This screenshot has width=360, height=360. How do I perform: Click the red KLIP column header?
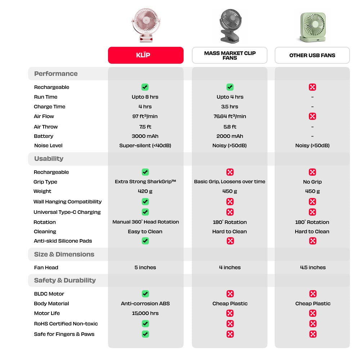pyautogui.click(x=145, y=55)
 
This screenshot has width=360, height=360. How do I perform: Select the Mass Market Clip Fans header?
pyautogui.click(x=230, y=55)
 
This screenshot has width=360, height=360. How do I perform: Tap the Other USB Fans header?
pyautogui.click(x=312, y=55)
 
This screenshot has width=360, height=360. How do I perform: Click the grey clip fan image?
pyautogui.click(x=230, y=26)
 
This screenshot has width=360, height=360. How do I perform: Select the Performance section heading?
pyautogui.click(x=56, y=73)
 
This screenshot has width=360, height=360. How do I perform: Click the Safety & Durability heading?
pyautogui.click(x=65, y=280)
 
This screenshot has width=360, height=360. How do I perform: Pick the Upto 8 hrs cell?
pyautogui.click(x=145, y=97)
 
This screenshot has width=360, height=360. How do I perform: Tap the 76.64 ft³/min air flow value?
pyautogui.click(x=230, y=116)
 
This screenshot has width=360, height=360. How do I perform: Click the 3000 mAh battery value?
pyautogui.click(x=145, y=136)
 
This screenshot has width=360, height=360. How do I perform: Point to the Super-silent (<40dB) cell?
pyautogui.click(x=145, y=145)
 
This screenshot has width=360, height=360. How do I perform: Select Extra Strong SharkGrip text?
pyautogui.click(x=145, y=181)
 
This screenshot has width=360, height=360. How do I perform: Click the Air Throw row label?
pyautogui.click(x=46, y=127)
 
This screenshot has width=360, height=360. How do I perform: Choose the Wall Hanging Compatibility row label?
pyautogui.click(x=67, y=202)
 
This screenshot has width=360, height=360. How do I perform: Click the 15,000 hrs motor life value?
pyautogui.click(x=145, y=313)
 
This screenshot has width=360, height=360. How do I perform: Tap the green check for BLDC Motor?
pyautogui.click(x=145, y=294)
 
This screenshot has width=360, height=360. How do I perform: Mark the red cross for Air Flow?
pyautogui.click(x=312, y=116)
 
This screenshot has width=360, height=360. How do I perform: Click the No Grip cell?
pyautogui.click(x=312, y=182)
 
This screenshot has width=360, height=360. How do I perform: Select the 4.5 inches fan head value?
pyautogui.click(x=312, y=267)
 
